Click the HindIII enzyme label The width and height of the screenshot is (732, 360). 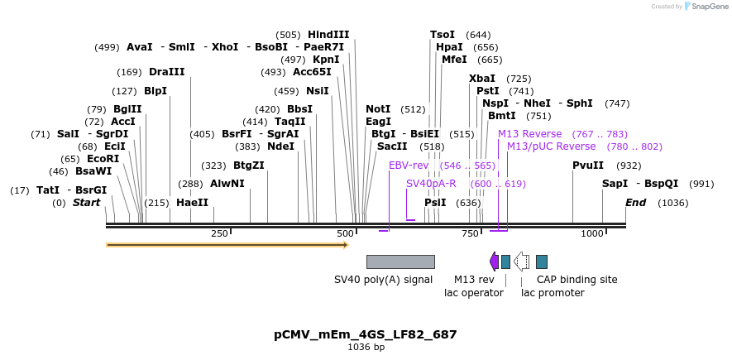[328, 35]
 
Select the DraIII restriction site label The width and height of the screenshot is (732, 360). [167, 72]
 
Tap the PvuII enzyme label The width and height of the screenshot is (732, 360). [588, 166]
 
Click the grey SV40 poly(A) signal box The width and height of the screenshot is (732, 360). [400, 262]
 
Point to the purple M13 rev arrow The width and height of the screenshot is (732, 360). [494, 262]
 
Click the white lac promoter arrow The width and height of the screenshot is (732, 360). [521, 262]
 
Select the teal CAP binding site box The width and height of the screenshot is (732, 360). [542, 262]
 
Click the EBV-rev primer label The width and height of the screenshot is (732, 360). [409, 166]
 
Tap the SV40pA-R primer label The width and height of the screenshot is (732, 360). [431, 184]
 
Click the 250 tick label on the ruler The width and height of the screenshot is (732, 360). [219, 234]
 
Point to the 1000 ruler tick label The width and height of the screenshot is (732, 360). [592, 234]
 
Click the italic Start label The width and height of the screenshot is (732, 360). [86, 203]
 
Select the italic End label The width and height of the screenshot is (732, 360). [635, 203]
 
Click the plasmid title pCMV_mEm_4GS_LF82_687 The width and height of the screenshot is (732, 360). [366, 334]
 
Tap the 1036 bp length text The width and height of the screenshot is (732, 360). [366, 348]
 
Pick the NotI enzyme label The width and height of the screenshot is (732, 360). [378, 109]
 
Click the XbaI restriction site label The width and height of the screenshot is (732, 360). [482, 79]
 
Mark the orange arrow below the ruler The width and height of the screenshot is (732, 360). [227, 245]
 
